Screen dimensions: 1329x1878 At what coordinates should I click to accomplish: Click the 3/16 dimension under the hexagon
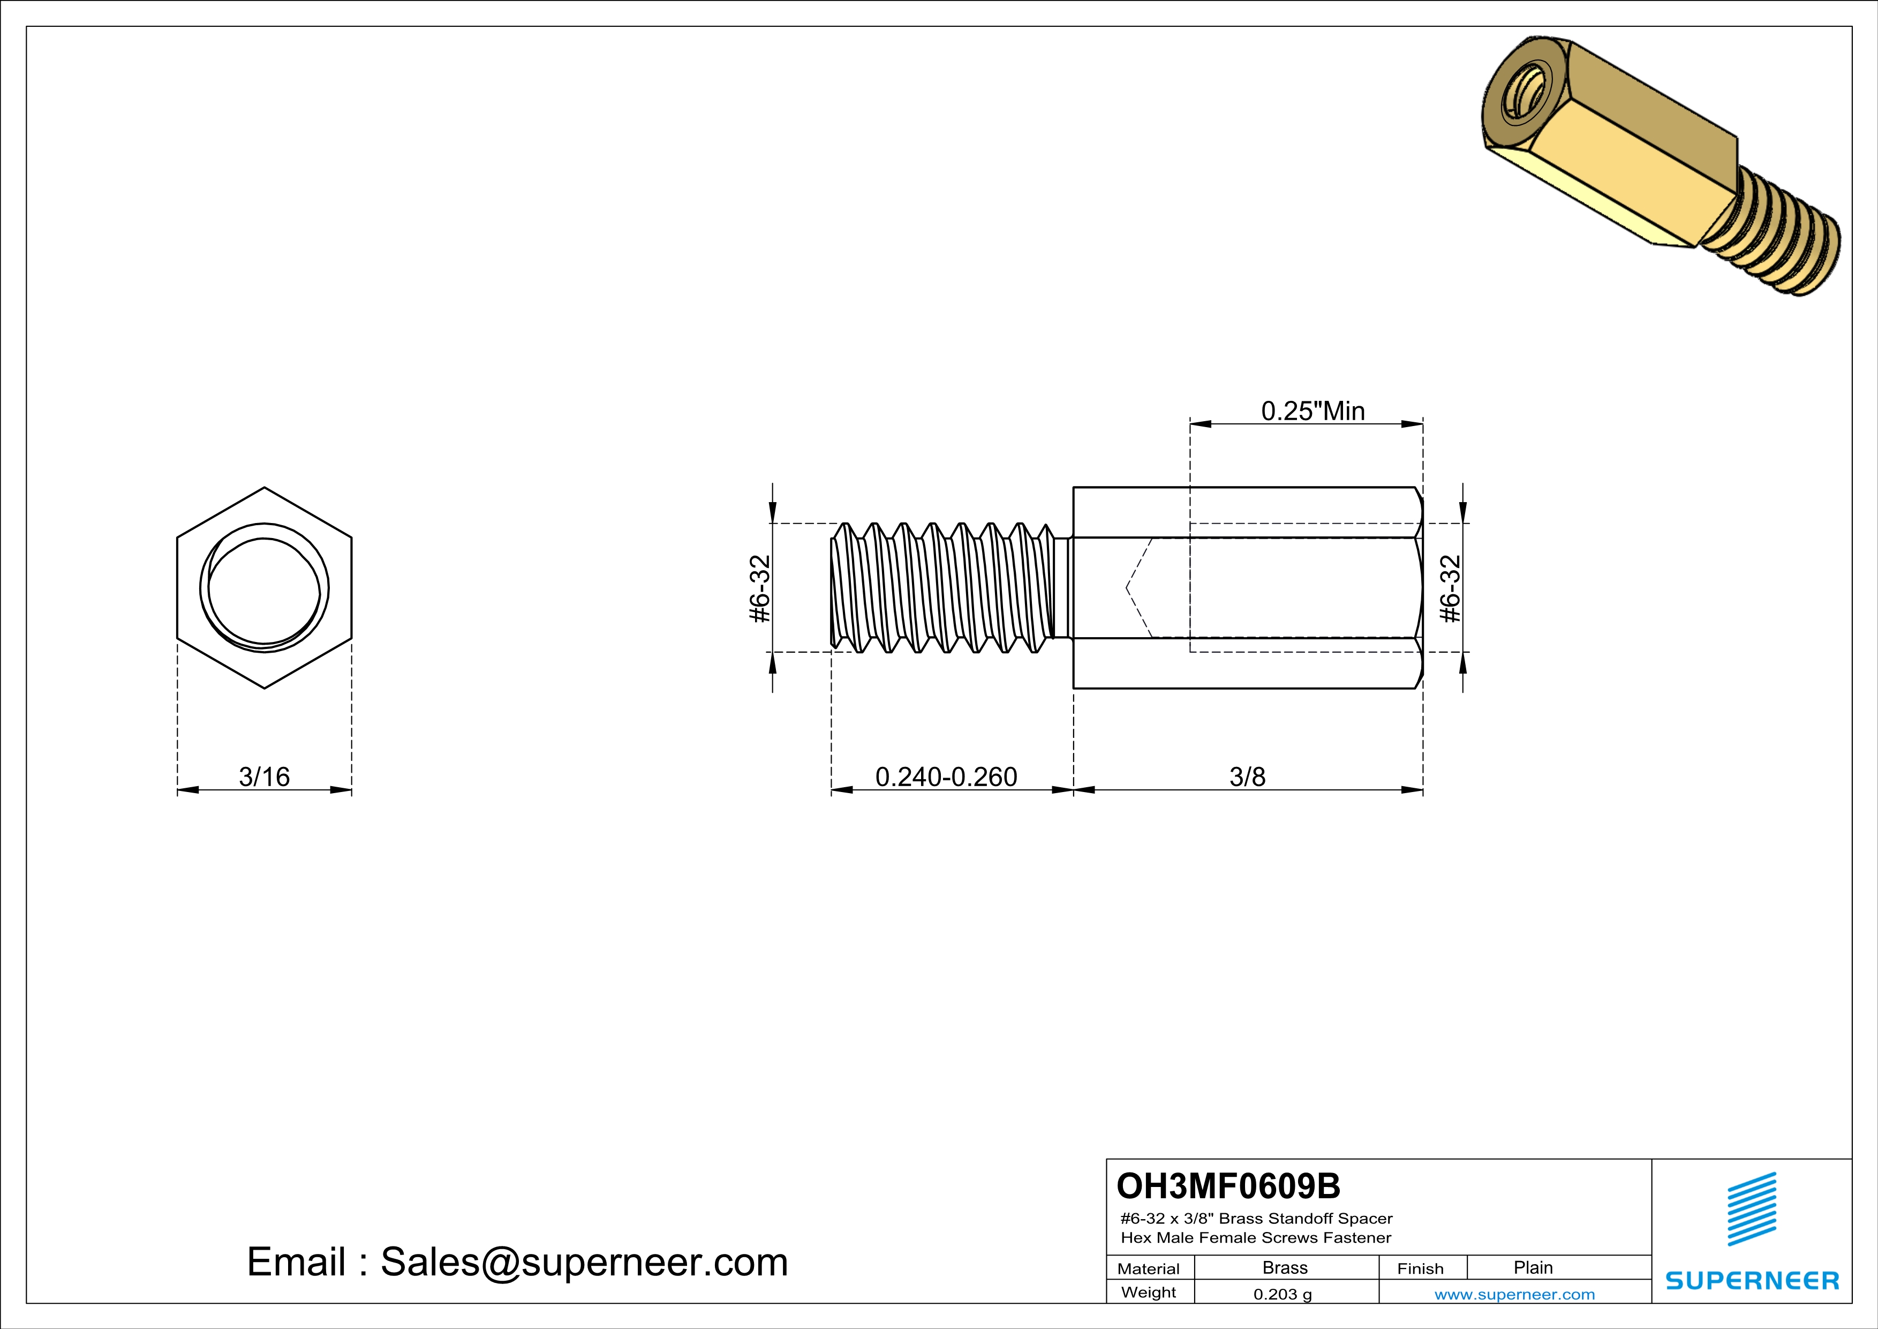tap(264, 776)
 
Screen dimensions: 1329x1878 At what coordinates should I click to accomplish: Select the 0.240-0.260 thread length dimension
tap(946, 776)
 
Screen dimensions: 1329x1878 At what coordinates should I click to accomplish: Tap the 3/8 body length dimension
tap(1247, 776)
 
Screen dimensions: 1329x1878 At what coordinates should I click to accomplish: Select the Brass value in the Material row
tap(1285, 1267)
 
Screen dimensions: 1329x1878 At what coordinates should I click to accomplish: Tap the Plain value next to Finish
tap(1533, 1267)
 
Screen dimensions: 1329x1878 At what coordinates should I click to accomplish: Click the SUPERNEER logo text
tap(1752, 1281)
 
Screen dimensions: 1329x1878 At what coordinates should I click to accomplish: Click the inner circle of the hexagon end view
tap(264, 589)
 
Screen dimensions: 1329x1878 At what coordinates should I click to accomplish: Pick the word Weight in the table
tap(1149, 1293)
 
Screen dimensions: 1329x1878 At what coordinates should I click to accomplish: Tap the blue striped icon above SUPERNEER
tap(1751, 1209)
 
